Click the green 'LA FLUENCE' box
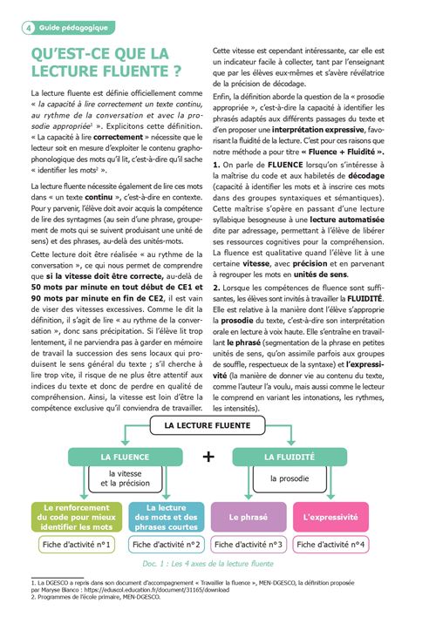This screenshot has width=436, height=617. tap(125, 456)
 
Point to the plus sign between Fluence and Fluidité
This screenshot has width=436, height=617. tap(208, 457)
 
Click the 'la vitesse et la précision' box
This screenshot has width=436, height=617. tap(125, 479)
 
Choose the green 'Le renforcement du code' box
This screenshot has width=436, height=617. tap(78, 517)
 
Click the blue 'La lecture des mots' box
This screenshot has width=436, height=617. tap(166, 517)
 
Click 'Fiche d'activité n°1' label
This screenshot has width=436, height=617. tap(78, 545)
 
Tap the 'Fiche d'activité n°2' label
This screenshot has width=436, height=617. tap(166, 545)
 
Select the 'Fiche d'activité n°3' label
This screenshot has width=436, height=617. tap(249, 545)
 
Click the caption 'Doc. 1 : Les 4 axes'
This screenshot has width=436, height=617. tap(208, 565)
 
